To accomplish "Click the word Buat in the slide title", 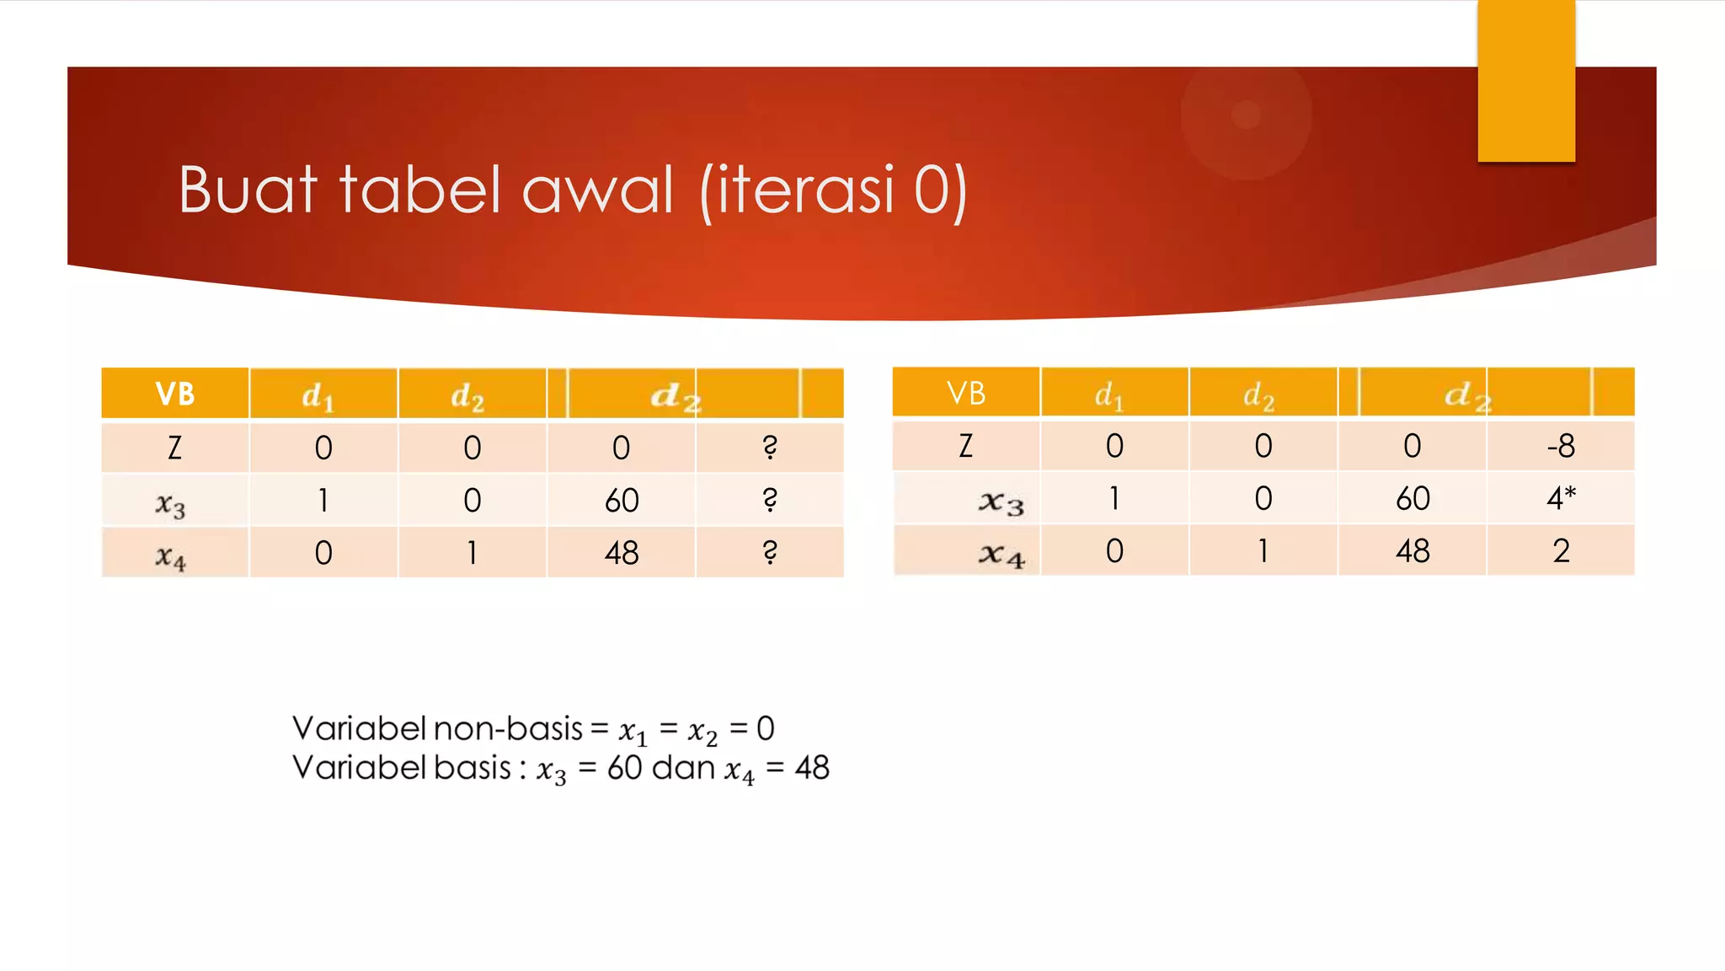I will pyautogui.click(x=248, y=190).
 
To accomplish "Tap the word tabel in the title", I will pyautogui.click(x=420, y=190).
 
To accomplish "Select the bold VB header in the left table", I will pyautogui.click(x=175, y=394).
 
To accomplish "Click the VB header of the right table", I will pyautogui.click(x=966, y=393).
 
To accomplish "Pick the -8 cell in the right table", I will pyautogui.click(x=1561, y=446).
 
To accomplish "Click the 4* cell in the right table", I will pyautogui.click(x=1561, y=498).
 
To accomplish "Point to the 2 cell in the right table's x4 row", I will pyautogui.click(x=1561, y=551).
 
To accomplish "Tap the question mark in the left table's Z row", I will pyautogui.click(x=770, y=448).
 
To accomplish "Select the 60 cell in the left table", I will pyautogui.click(x=622, y=501).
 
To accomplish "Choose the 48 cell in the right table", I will pyautogui.click(x=1413, y=551).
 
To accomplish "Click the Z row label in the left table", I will pyautogui.click(x=175, y=448).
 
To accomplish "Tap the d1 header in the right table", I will pyautogui.click(x=1108, y=394).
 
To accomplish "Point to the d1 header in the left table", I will pyautogui.click(x=318, y=395).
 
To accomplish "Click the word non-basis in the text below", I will pyautogui.click(x=508, y=728).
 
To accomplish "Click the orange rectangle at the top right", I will pyautogui.click(x=1526, y=80).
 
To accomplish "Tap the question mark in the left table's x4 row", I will pyautogui.click(x=770, y=553).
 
